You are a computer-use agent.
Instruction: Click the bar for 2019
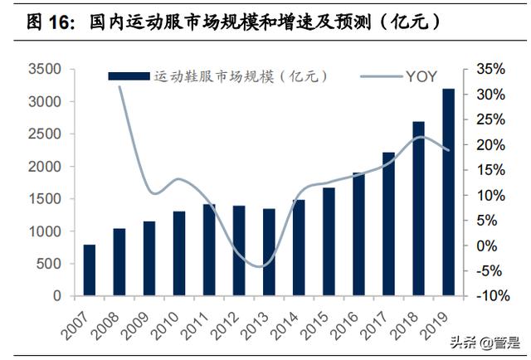click(x=448, y=192)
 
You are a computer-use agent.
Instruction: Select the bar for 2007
click(x=89, y=270)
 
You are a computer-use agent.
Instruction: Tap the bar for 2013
click(x=269, y=251)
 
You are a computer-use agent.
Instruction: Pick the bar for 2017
click(x=388, y=223)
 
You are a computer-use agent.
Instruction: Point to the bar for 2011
click(x=209, y=249)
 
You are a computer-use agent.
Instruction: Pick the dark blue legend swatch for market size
click(x=129, y=76)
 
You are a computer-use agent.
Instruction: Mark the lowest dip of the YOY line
click(x=261, y=266)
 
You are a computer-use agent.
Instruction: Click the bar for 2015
click(x=329, y=241)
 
